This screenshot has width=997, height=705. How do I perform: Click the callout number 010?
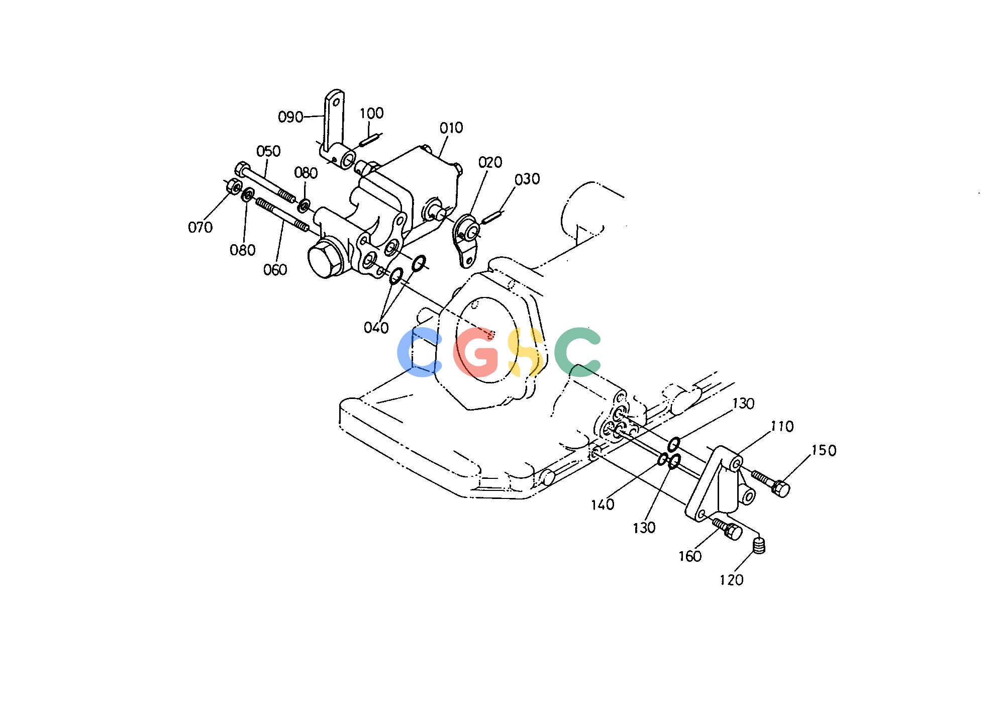[x=451, y=128]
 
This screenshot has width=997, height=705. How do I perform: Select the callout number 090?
[x=290, y=117]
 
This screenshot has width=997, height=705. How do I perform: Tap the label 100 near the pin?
[x=372, y=113]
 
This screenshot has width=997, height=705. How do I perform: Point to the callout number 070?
[x=200, y=228]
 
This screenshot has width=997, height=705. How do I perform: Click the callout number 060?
[x=275, y=270]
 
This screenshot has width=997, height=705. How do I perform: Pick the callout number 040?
[x=376, y=328]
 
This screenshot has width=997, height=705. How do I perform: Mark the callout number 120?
[x=731, y=580]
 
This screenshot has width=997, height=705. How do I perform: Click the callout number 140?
[x=603, y=504]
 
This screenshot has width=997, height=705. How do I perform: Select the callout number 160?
[x=690, y=556]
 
